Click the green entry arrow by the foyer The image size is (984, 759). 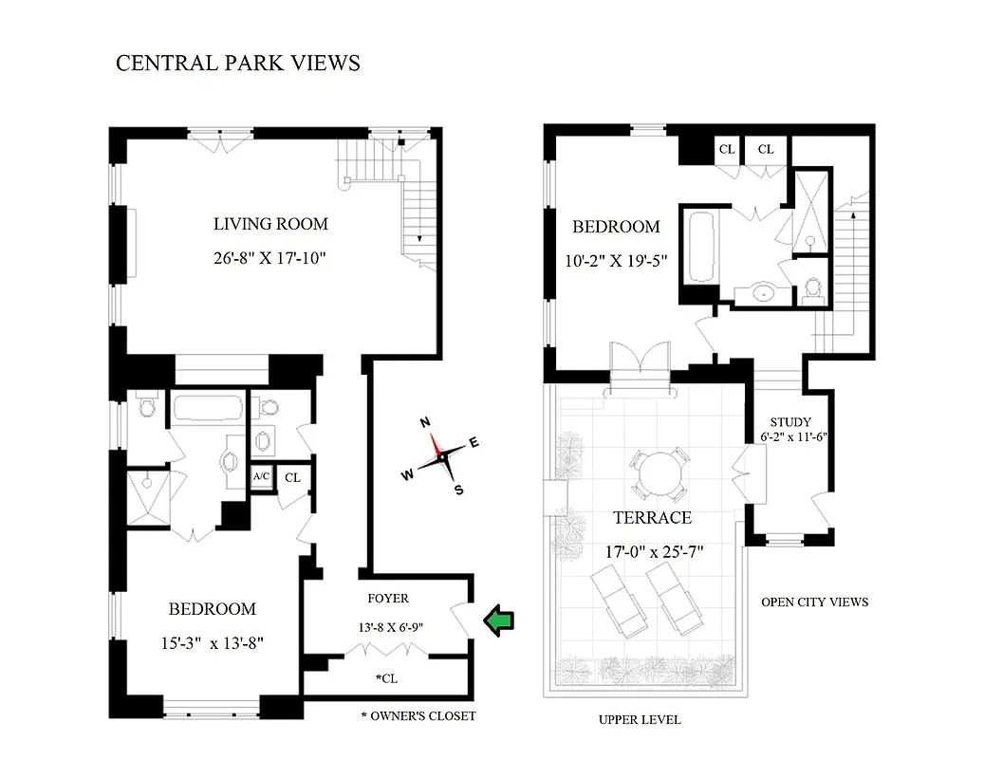pyautogui.click(x=499, y=620)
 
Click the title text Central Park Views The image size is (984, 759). pyautogui.click(x=237, y=64)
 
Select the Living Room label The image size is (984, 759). pyautogui.click(x=270, y=225)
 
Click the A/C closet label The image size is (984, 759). pyautogui.click(x=261, y=477)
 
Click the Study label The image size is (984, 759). pyautogui.click(x=790, y=423)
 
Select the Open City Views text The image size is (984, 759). pyautogui.click(x=814, y=602)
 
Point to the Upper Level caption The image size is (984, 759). pyautogui.click(x=639, y=720)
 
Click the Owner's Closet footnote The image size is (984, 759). pyautogui.click(x=418, y=715)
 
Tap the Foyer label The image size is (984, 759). pyautogui.click(x=388, y=599)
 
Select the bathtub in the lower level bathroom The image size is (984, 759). pyautogui.click(x=208, y=410)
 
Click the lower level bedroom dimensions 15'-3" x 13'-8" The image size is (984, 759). pyautogui.click(x=212, y=642)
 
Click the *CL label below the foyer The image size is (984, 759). pyautogui.click(x=386, y=680)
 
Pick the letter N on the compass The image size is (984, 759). pyautogui.click(x=426, y=422)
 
